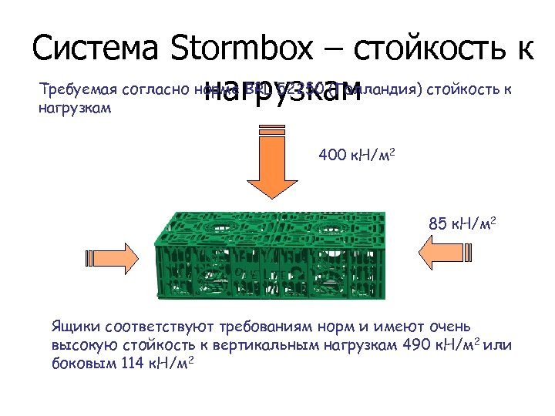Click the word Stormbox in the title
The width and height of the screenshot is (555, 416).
[x=241, y=49]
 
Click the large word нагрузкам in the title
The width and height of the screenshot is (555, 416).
[x=283, y=87]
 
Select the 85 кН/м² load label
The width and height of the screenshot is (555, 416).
[x=462, y=225]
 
